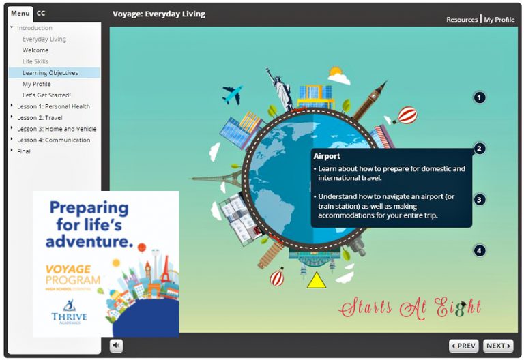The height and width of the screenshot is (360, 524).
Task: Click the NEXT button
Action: click(x=498, y=346)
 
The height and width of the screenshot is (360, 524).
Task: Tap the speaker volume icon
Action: click(x=116, y=345)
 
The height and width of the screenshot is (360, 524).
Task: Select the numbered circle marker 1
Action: click(x=479, y=98)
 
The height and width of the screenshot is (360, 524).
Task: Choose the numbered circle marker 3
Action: click(x=479, y=200)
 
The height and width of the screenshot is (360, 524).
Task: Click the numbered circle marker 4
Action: click(x=479, y=250)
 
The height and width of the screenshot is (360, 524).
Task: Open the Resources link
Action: click(x=462, y=20)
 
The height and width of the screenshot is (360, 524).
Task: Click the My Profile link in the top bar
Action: click(x=499, y=20)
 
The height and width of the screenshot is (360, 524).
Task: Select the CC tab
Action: click(x=41, y=13)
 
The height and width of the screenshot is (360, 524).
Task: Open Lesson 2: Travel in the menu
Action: click(x=40, y=117)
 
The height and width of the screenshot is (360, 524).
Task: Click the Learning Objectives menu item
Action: click(x=50, y=73)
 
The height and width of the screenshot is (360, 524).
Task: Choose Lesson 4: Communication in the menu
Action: click(x=53, y=140)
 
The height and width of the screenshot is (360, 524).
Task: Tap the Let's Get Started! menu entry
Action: click(x=46, y=95)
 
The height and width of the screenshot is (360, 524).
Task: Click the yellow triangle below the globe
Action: click(x=317, y=280)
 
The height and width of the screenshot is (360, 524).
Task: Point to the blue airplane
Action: click(x=232, y=95)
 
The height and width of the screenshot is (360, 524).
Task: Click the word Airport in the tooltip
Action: click(x=327, y=156)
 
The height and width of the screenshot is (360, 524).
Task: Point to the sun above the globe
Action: click(x=335, y=72)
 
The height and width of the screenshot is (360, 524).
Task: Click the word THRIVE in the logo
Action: click(x=69, y=316)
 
